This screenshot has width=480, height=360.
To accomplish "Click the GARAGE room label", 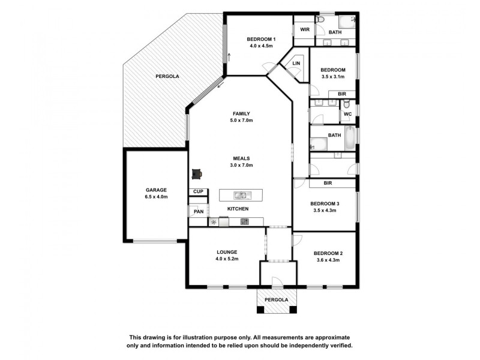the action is pyautogui.click(x=156, y=190).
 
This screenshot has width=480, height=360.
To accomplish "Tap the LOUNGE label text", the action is pyautogui.click(x=227, y=252).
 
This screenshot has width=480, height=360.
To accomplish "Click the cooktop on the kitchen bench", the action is pyautogui.click(x=245, y=221).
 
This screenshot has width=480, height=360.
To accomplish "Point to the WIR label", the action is pyautogui.click(x=305, y=29).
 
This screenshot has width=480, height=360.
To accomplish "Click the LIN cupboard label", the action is pyautogui.click(x=296, y=64).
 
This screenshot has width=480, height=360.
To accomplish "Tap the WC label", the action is pyautogui.click(x=348, y=114).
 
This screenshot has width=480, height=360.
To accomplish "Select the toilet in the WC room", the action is pyautogui.click(x=347, y=104).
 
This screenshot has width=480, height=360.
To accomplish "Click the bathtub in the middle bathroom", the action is pyautogui.click(x=350, y=139).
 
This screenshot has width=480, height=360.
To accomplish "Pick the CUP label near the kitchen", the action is pyautogui.click(x=198, y=191).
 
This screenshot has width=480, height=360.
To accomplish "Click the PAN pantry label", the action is pyautogui.click(x=199, y=211).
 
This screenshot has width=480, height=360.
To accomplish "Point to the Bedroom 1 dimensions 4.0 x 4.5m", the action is pyautogui.click(x=261, y=46).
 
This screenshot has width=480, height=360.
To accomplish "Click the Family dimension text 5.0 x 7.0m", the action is pyautogui.click(x=242, y=121).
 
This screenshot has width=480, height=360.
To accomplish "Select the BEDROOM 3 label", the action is pyautogui.click(x=325, y=203).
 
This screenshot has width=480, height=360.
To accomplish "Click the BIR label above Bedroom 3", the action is pyautogui.click(x=328, y=183).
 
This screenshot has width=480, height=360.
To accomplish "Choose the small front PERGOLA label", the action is pyautogui.click(x=276, y=299).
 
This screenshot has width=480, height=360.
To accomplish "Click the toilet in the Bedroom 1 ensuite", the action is pyautogui.click(x=320, y=20).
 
